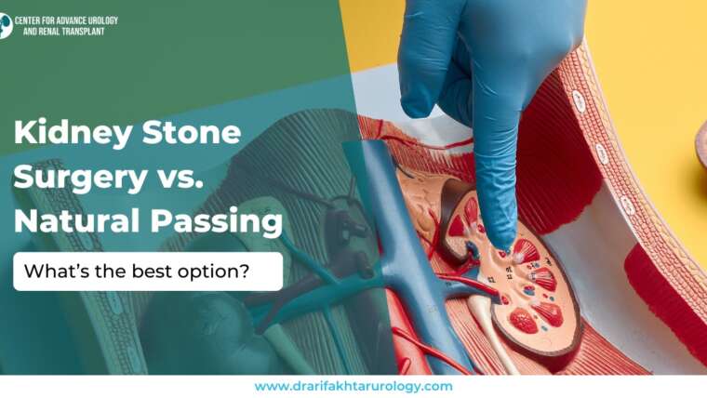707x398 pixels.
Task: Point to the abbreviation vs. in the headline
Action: pyautogui.click(x=176, y=178)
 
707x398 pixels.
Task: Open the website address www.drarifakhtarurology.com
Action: pyautogui.click(x=353, y=386)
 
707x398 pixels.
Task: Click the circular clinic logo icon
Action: pyautogui.click(x=5, y=25)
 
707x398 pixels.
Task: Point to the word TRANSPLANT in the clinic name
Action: pyautogui.click(x=78, y=31)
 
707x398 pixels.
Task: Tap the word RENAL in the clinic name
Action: pyautogui.click(x=43, y=31)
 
